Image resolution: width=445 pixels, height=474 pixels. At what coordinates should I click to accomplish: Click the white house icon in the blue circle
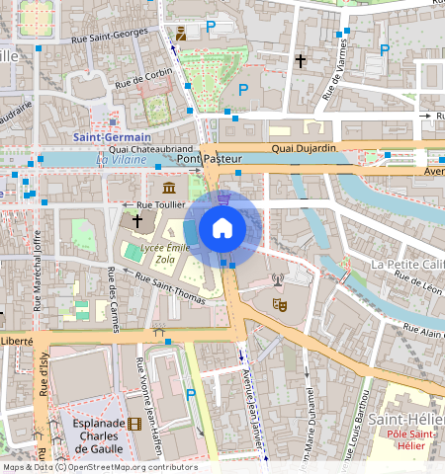point(222,228)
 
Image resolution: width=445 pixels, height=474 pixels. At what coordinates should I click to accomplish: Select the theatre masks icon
point(279,305)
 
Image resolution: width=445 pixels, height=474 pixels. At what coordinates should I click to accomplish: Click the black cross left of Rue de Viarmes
point(301,61)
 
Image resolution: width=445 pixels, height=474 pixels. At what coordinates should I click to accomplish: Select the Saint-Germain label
point(112,136)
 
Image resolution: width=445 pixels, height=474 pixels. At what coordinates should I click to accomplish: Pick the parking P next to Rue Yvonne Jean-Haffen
point(190,393)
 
